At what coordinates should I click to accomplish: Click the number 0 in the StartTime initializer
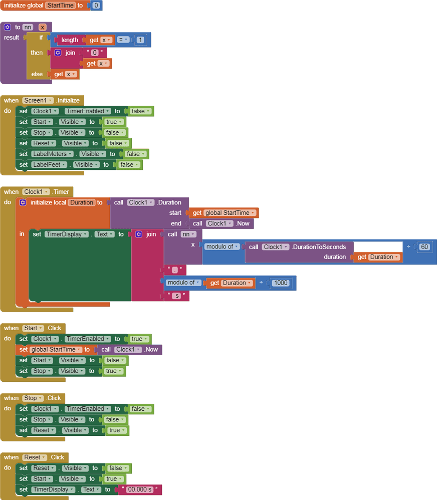pos(96,6)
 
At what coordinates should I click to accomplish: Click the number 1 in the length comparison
pos(140,40)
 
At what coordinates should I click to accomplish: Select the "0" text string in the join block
pos(95,53)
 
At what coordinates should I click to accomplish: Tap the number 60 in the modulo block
pos(425,247)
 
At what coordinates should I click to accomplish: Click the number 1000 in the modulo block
pos(280,283)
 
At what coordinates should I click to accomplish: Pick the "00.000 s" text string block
pos(140,490)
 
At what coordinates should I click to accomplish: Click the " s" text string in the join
pos(175,297)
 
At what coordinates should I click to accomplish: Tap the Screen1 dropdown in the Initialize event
pos(38,101)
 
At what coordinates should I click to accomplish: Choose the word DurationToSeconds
pos(319,247)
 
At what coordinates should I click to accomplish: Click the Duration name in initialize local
pos(81,203)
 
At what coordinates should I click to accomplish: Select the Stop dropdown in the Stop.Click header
pos(33,398)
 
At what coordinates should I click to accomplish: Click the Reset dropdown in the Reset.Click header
pos(35,457)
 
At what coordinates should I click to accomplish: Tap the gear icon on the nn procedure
pos(7,27)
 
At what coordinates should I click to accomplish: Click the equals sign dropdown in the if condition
pos(123,40)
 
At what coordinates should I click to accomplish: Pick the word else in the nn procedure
pos(37,74)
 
